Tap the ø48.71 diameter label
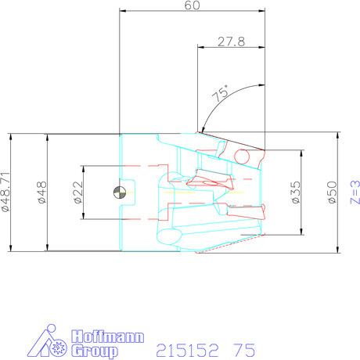pos(7,192)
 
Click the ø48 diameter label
pos(44,193)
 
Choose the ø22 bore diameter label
pos(78,192)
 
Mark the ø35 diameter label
pos(295,193)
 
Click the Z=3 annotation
pos(354,193)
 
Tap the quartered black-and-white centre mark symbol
pos(118,192)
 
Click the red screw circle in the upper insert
pos(242,157)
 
